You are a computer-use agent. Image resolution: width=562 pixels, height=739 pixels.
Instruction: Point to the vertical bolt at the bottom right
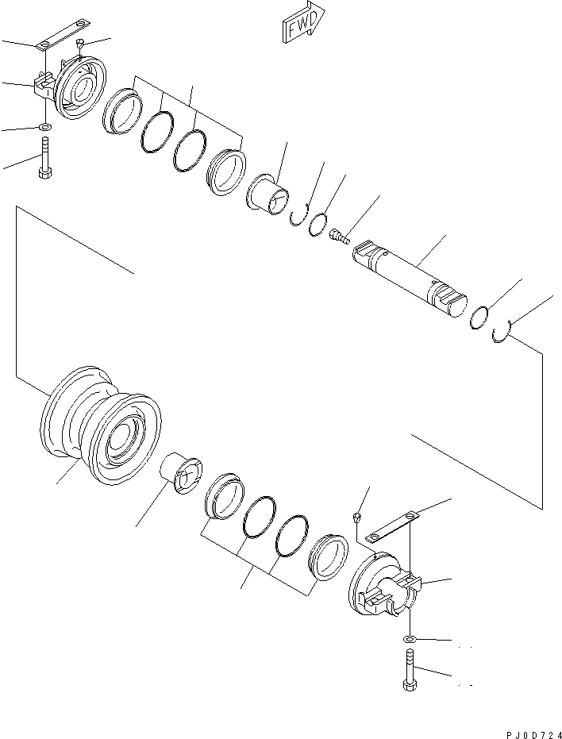(409, 670)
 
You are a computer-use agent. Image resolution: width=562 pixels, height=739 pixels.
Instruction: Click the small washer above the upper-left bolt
(44, 127)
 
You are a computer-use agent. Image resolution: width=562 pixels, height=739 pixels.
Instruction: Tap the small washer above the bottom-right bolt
(408, 639)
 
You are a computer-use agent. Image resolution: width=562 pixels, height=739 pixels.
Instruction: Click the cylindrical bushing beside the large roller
(183, 475)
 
